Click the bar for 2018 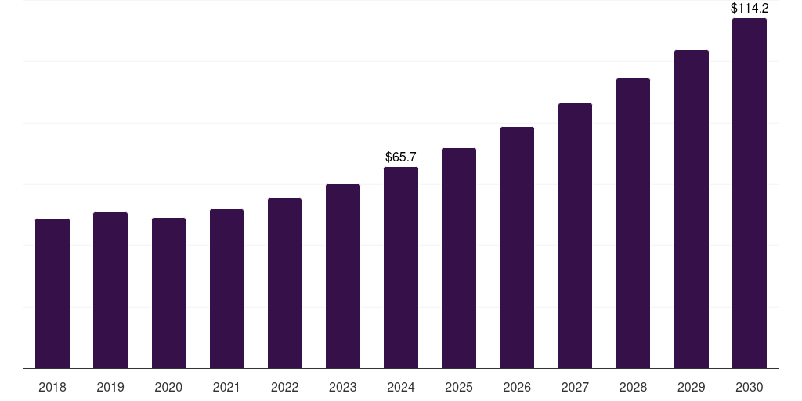(52, 294)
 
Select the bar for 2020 (168, 294)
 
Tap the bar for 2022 (284, 284)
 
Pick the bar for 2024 (401, 268)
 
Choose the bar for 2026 (517, 247)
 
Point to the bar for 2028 (633, 223)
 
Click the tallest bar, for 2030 (750, 193)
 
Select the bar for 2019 (110, 291)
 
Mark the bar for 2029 (692, 209)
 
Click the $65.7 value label (401, 157)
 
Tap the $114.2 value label (750, 9)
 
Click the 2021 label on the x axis (226, 387)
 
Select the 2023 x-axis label (343, 387)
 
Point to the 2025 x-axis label (459, 387)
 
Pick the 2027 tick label (575, 387)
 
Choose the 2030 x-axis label (750, 387)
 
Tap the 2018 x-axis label (52, 387)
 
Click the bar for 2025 (459, 258)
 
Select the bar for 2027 (575, 236)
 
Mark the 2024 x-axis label (401, 387)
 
